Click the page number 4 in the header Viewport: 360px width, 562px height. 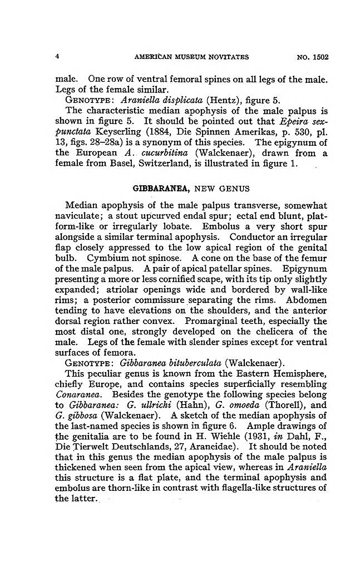[57, 57]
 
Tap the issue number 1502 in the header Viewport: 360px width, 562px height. [320, 57]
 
